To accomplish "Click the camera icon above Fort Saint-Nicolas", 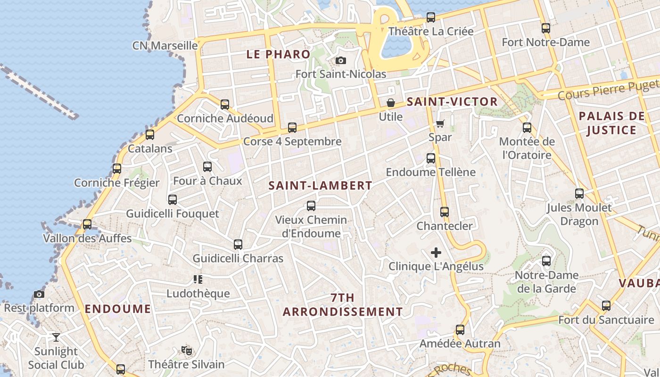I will [340, 60].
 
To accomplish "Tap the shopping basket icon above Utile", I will [391, 103].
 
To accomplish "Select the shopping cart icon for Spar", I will [440, 123].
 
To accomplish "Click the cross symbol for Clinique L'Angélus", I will [436, 253].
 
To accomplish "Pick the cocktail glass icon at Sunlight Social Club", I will [56, 337].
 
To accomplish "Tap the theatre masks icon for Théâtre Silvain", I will [187, 350].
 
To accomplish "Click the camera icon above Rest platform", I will [39, 295].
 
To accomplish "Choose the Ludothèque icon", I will [198, 279].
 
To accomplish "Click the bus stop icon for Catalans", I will [150, 135].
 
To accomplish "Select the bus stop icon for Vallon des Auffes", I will [87, 224].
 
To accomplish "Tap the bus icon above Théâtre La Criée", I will [431, 17].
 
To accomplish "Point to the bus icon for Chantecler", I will [445, 212].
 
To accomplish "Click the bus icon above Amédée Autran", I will [460, 330].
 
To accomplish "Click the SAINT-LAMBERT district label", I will [321, 186].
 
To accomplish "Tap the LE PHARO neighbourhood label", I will [278, 54].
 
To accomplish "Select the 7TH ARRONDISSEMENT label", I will [343, 305].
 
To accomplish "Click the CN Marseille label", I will [165, 46].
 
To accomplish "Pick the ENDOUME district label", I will [118, 309].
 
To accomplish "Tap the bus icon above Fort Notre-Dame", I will [546, 28].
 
